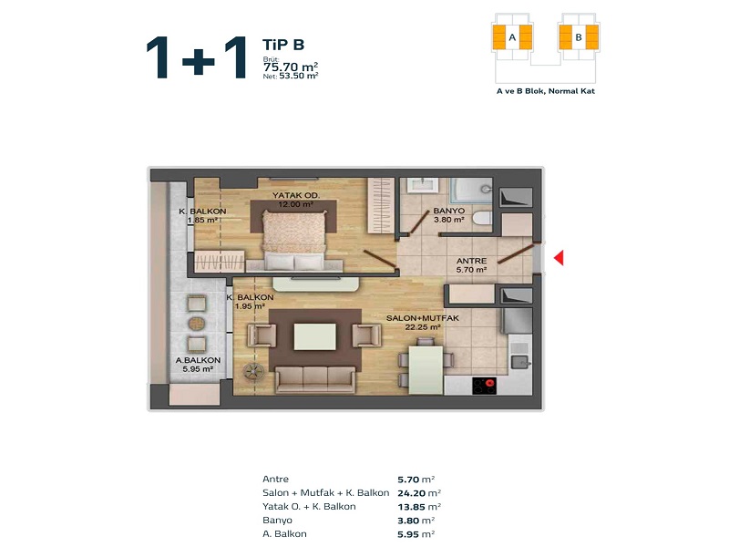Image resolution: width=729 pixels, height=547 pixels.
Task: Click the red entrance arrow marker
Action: point(559,258)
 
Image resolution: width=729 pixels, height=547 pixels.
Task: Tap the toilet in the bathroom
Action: point(482,218)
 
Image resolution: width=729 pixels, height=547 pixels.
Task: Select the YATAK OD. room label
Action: point(295,195)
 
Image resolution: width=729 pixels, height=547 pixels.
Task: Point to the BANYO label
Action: point(448,211)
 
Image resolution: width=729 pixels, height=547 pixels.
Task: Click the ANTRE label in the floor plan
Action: point(471,261)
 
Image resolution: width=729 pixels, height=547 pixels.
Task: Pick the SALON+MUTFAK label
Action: point(423,318)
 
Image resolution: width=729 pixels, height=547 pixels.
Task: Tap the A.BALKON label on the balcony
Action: point(198,360)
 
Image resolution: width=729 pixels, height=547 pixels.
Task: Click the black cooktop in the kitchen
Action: point(485,386)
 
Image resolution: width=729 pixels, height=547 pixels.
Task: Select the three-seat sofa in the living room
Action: point(315,379)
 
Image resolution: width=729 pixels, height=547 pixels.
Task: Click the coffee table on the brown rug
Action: point(314,336)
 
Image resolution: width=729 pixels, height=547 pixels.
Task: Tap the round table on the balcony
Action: point(197,324)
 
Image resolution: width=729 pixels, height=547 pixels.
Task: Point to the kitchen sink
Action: point(519,361)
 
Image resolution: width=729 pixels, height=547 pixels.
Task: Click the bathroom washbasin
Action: point(422,184)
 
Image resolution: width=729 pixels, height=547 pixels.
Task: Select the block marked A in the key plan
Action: point(512,37)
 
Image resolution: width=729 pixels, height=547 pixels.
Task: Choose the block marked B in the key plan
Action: point(579,37)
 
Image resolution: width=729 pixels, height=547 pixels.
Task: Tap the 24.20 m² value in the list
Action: point(419,493)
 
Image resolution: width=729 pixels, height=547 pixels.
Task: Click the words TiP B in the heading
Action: point(283,45)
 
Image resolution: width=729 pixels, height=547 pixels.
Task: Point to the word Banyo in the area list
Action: point(277,520)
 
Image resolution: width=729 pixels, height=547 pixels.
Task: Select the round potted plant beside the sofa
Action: point(253,372)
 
